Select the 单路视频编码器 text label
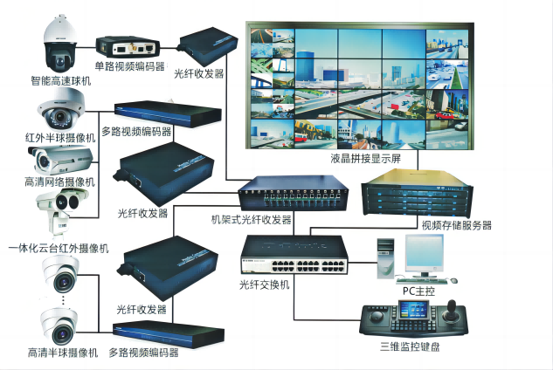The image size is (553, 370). tap(130, 66)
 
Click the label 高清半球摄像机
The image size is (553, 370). tap(59, 353)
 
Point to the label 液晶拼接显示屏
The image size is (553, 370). tap(365, 159)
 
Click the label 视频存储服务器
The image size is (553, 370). tap(457, 224)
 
